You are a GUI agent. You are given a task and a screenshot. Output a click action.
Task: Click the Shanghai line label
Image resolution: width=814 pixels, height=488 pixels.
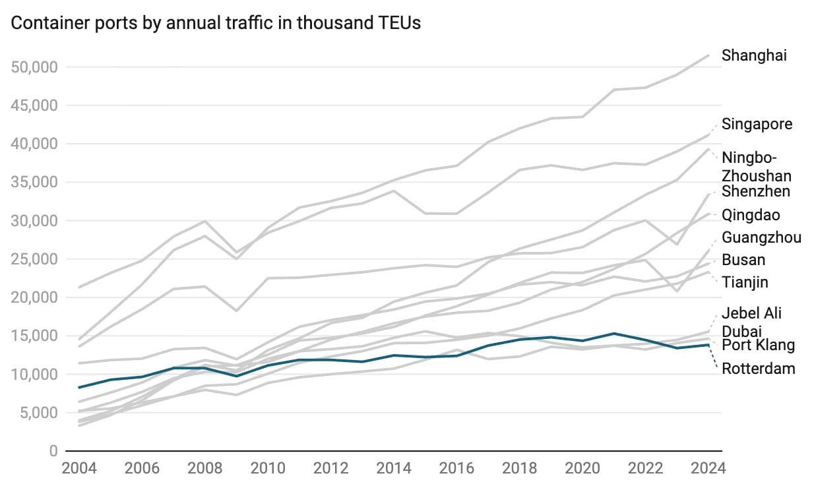point(754,55)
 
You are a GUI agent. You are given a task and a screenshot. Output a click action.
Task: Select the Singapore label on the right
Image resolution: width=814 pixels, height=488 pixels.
point(757,124)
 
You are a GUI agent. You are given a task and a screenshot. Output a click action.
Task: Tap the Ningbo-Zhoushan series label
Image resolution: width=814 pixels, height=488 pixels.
point(756,167)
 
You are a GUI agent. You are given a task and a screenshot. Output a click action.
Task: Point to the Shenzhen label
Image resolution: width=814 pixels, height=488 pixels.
point(756,192)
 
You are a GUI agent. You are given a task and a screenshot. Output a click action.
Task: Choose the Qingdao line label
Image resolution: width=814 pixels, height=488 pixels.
point(751,215)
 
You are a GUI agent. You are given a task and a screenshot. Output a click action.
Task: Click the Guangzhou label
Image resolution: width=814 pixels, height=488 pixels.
point(761,237)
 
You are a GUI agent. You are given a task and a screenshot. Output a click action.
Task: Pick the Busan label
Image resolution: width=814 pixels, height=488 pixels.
point(743,260)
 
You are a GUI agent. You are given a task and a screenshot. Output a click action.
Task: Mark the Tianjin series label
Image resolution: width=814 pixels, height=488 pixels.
point(745,282)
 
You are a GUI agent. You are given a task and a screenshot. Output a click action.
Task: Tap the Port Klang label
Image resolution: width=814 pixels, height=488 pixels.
point(758,345)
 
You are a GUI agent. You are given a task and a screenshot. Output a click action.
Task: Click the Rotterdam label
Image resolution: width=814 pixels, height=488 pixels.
point(759,369)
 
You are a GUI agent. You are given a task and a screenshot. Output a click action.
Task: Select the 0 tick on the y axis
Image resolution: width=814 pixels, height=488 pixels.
point(53,451)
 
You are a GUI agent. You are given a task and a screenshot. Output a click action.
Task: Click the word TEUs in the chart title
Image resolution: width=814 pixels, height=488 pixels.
point(398,23)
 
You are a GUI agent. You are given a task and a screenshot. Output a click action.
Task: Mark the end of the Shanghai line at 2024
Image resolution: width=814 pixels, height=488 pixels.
point(708,55)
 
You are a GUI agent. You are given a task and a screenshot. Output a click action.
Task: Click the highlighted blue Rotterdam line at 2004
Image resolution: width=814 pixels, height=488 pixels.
point(79,387)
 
